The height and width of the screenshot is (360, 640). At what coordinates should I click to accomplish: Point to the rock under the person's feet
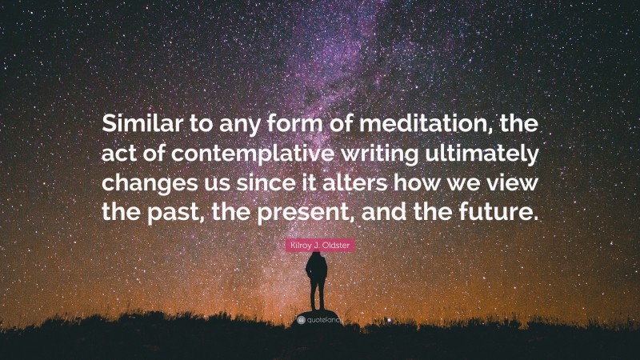(318, 310)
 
